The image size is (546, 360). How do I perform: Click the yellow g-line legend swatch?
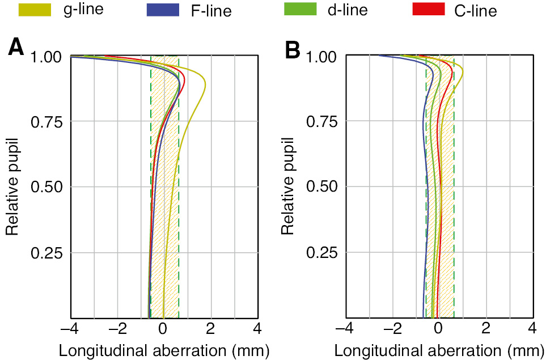click(35, 10)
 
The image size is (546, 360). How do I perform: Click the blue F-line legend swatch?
click(163, 10)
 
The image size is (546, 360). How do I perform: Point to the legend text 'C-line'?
click(476, 10)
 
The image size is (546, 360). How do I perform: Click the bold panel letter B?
click(293, 50)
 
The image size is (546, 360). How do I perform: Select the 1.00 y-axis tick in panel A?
click(50, 57)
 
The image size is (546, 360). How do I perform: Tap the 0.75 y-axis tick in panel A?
click(50, 122)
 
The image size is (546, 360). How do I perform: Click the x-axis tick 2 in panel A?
click(210, 329)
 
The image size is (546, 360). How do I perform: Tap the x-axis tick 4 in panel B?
click(532, 329)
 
